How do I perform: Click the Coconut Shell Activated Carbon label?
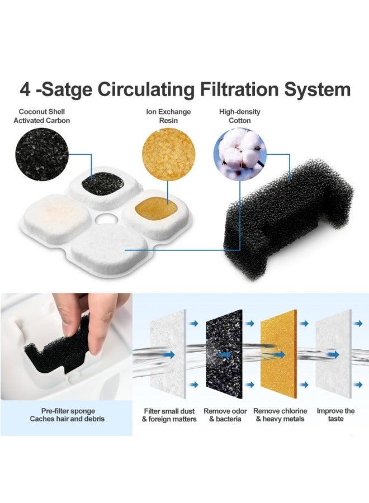[x=44, y=116]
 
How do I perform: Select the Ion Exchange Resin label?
[x=168, y=116]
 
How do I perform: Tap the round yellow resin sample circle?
[x=168, y=151]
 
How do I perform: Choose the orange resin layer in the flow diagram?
[x=280, y=355]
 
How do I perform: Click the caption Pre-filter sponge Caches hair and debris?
[x=67, y=415]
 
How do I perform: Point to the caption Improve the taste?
[x=335, y=415]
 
